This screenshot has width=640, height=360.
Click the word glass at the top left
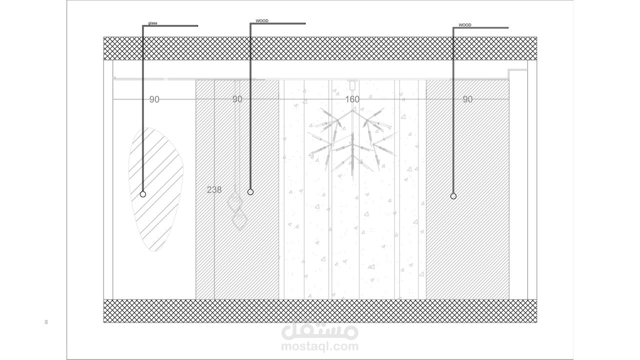pyautogui.click(x=152, y=23)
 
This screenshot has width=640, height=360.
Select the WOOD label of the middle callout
pyautogui.click(x=262, y=21)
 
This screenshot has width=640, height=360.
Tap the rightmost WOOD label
pyautogui.click(x=464, y=25)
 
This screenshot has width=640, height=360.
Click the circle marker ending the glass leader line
pyautogui.click(x=143, y=194)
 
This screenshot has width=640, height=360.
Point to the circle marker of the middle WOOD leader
pyautogui.click(x=250, y=192)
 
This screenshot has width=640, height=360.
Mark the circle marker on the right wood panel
pyautogui.click(x=453, y=196)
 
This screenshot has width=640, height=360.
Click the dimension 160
pyautogui.click(x=352, y=99)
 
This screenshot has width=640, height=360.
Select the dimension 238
pyautogui.click(x=214, y=190)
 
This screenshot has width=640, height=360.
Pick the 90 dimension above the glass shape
pyautogui.click(x=154, y=99)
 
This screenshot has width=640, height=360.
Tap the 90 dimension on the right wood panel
pyautogui.click(x=467, y=99)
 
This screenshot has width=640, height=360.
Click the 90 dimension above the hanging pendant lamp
pyautogui.click(x=237, y=99)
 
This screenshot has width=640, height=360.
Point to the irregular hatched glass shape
pyautogui.click(x=155, y=189)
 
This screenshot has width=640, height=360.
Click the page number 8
pyautogui.click(x=46, y=322)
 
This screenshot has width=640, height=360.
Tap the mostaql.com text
pyautogui.click(x=319, y=346)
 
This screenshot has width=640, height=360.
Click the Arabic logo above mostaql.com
pyautogui.click(x=319, y=330)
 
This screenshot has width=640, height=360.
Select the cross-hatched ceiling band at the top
pyautogui.click(x=320, y=48)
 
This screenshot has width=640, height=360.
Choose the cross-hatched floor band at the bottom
pyautogui.click(x=320, y=311)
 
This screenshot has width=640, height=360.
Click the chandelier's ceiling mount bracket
pyautogui.click(x=352, y=83)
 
